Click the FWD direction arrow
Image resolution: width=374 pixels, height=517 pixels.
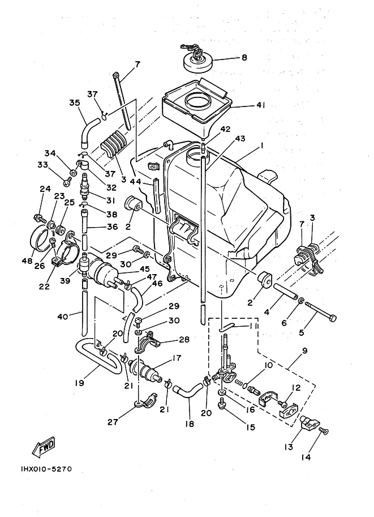click(43, 447)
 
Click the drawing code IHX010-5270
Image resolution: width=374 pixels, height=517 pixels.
click(44, 469)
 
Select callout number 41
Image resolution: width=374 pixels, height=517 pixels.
click(261, 105)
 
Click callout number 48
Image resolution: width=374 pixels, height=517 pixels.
click(27, 261)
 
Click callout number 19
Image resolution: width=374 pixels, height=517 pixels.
click(79, 383)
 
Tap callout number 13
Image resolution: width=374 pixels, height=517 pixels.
click(289, 447)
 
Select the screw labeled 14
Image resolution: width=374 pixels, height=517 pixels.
click(324, 430)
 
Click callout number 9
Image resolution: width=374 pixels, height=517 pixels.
click(304, 351)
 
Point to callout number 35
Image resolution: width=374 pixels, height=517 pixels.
click(75, 103)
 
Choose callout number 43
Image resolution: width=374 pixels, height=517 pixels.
click(240, 139)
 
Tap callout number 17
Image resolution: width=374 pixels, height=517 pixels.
click(177, 358)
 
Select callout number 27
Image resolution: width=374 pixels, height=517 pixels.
click(113, 422)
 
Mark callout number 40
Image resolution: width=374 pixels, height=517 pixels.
click(63, 317)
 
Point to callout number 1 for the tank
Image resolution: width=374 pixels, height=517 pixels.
click(261, 146)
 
